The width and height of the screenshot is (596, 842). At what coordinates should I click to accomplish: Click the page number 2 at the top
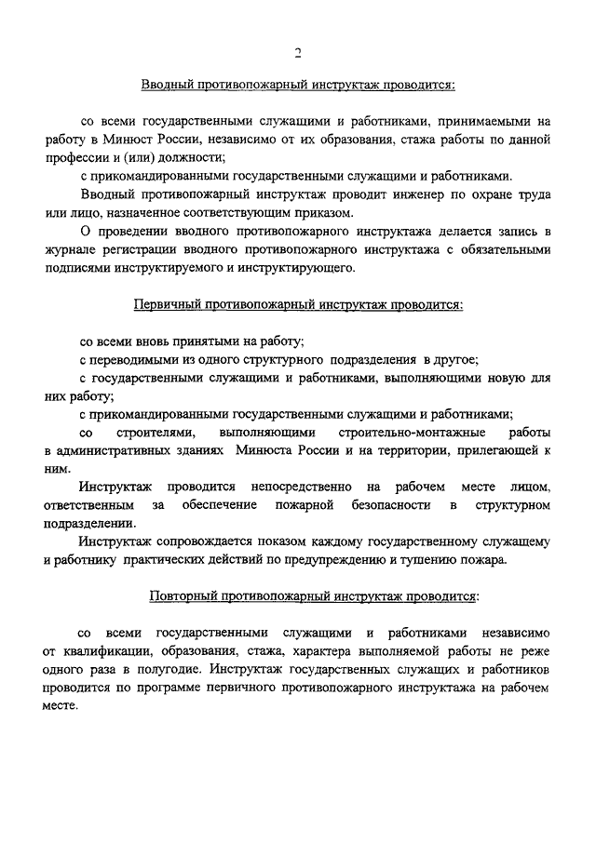(297, 52)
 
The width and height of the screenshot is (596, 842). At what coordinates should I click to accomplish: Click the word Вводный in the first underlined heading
(167, 87)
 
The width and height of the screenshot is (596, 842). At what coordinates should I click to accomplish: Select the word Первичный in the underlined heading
(163, 304)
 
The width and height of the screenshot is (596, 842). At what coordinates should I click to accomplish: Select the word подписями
(76, 267)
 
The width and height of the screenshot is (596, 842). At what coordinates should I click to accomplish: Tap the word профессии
(74, 158)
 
